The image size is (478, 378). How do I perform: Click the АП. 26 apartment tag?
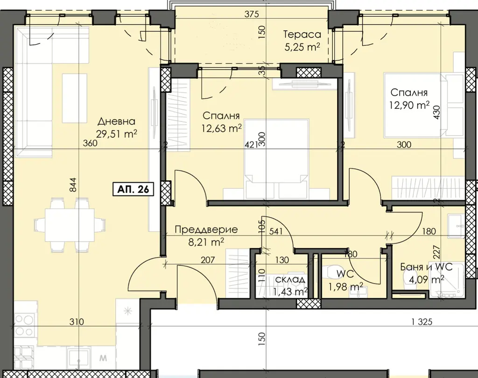tap(133, 189)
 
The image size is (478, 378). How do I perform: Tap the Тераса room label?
tap(302, 34)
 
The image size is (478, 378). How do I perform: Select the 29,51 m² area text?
tap(116, 134)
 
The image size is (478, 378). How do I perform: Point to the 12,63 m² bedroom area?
tap(222, 128)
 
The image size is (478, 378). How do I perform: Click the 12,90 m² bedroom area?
tap(409, 105)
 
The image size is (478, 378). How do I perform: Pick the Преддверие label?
tap(206, 229)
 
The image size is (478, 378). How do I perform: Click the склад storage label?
tap(290, 279)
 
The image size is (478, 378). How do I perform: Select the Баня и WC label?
tap(426, 267)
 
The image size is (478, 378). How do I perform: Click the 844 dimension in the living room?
tap(73, 185)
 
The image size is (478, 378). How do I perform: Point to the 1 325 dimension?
tap(422, 321)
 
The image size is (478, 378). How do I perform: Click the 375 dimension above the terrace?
tap(252, 14)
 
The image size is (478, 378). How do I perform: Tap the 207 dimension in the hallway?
tap(208, 260)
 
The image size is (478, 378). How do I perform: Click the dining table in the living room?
tap(70, 225)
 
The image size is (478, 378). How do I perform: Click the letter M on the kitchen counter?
tap(103, 358)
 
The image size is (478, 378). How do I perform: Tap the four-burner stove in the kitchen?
tap(24, 325)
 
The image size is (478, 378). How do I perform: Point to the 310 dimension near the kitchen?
tap(77, 321)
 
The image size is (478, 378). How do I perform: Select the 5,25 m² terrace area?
tap(302, 47)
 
